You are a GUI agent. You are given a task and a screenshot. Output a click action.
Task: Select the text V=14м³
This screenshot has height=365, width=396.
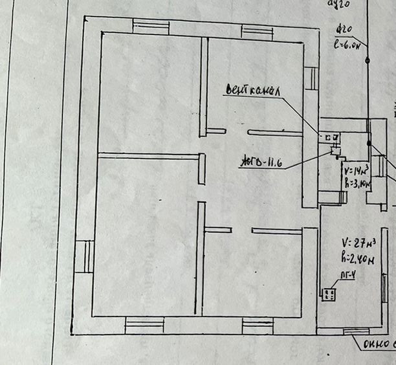(357, 171)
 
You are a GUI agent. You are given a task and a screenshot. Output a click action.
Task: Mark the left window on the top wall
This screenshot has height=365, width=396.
(151, 27)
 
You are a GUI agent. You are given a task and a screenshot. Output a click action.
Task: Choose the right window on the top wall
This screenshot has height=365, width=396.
(257, 30)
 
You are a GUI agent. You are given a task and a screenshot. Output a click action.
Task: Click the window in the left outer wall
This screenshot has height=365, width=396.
(83, 256)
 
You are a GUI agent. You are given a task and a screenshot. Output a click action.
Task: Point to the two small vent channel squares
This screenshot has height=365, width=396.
(332, 138)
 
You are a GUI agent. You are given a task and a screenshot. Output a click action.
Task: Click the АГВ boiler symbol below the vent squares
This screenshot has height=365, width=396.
(336, 151)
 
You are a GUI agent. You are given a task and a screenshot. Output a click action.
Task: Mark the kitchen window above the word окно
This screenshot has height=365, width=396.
(357, 331)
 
